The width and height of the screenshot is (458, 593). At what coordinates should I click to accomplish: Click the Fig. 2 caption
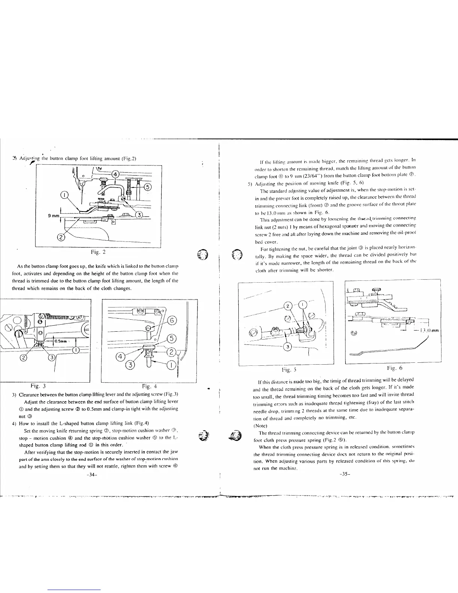coord(100,252)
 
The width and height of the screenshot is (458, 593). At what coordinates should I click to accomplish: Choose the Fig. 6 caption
coord(395,368)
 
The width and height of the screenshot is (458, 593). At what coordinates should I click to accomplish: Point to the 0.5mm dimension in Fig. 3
coord(60,341)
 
